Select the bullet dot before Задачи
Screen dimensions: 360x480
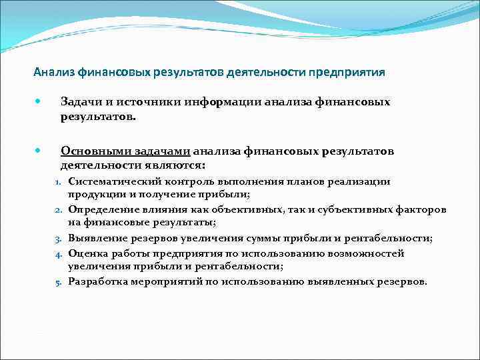click(x=39, y=102)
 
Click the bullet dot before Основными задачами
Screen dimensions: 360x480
click(x=39, y=151)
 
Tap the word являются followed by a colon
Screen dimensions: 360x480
click(x=176, y=164)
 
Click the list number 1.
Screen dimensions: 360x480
click(x=58, y=181)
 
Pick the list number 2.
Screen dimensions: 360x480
click(x=58, y=209)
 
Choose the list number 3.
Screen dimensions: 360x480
click(x=58, y=238)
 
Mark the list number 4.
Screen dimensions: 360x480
click(x=58, y=253)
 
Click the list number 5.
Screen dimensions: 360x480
click(x=58, y=281)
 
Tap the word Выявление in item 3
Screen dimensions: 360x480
click(x=96, y=238)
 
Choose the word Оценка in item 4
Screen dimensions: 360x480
click(x=87, y=253)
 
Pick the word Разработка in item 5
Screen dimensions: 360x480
click(x=99, y=281)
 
